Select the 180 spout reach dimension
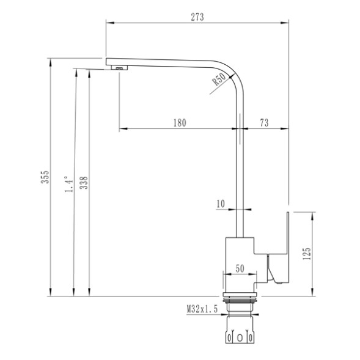click(179, 123)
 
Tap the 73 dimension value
click(264, 123)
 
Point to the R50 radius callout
click(219, 78)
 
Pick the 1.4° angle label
click(69, 183)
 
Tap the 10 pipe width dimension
click(220, 203)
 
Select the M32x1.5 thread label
click(202, 310)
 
